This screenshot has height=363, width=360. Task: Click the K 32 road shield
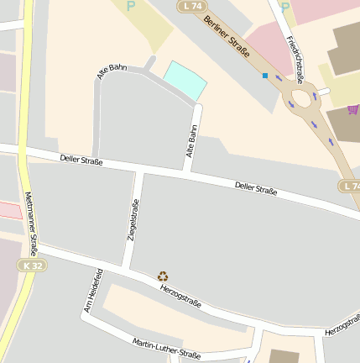click(31, 266)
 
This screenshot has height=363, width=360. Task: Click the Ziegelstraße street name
click(132, 220)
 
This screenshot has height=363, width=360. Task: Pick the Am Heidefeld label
click(92, 291)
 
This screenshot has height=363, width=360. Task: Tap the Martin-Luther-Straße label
click(166, 348)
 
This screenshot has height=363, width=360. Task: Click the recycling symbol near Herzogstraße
click(163, 276)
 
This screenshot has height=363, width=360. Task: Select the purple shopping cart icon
click(352, 109)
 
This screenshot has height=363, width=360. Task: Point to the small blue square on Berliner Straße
click(265, 76)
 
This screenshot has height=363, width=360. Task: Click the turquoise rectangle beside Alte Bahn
click(185, 79)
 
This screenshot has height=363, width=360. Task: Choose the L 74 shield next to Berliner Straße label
click(192, 6)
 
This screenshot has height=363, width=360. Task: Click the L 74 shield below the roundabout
click(351, 185)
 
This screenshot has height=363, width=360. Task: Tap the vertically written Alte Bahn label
click(191, 143)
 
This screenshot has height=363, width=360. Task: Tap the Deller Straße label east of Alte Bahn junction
click(256, 188)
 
